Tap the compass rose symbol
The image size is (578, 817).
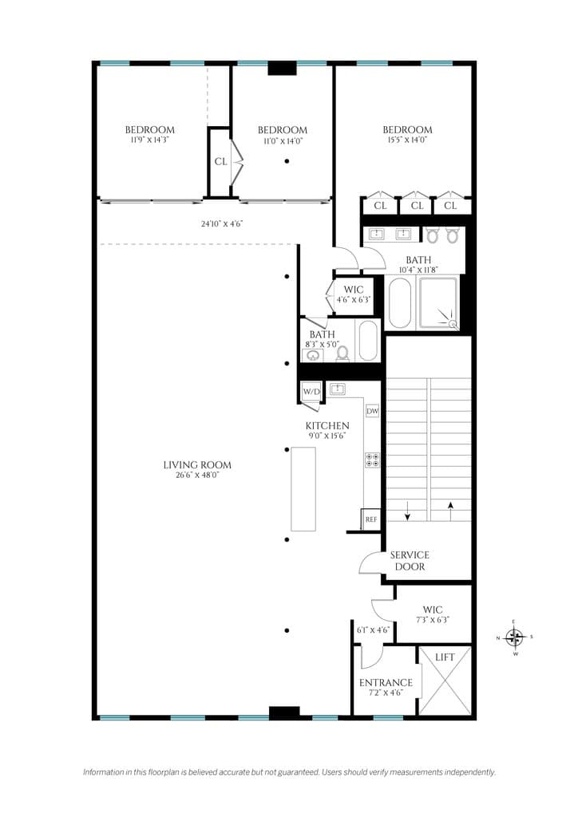point(515,637)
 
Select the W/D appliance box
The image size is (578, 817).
point(311,392)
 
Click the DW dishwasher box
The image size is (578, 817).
point(372,411)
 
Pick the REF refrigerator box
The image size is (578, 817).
point(370,519)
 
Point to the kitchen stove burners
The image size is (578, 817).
point(372,460)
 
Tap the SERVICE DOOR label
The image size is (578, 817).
point(410,561)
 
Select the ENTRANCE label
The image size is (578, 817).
point(386,683)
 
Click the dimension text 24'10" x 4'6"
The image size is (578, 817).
point(222,224)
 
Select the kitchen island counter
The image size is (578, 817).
point(303,489)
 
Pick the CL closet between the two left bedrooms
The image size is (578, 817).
point(220,161)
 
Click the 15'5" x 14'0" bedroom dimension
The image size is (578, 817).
point(407,140)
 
